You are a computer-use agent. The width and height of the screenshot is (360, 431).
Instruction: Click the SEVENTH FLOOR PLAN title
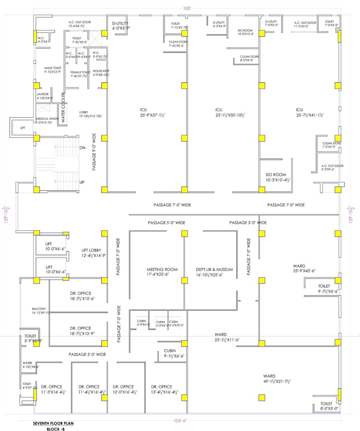click(53, 423)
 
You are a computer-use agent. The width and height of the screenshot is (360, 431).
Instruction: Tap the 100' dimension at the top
click(187, 8)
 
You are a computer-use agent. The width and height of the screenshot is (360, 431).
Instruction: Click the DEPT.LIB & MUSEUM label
click(214, 269)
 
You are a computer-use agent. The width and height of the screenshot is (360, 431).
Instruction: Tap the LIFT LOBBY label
click(93, 250)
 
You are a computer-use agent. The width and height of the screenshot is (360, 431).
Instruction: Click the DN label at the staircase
click(82, 148)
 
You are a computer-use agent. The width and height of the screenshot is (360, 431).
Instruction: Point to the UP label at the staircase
click(82, 182)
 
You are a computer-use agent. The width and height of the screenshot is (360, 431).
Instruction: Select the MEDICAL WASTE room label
click(47, 119)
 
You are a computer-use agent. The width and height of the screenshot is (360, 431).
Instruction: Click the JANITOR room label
click(42, 94)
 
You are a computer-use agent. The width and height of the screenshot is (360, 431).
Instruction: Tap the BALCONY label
click(39, 309)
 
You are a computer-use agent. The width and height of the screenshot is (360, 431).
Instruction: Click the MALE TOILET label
click(53, 68)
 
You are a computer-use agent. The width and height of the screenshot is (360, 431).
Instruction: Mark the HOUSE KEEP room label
click(101, 71)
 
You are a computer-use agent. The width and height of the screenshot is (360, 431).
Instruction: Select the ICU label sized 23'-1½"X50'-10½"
click(218, 110)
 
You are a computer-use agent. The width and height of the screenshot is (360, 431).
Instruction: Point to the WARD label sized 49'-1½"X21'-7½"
click(269, 376)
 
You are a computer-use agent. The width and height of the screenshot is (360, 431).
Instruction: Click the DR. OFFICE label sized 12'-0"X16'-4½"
click(123, 387)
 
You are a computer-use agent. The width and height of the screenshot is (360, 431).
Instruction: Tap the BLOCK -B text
click(56, 429)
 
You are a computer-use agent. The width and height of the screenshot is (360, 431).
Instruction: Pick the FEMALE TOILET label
click(80, 72)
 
